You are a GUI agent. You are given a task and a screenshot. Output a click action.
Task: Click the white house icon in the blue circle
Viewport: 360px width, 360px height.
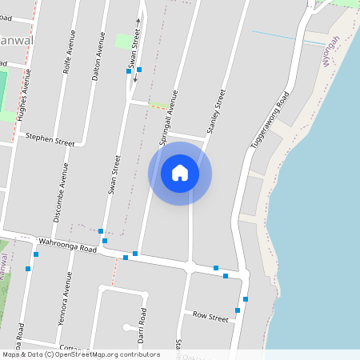pos(180,173)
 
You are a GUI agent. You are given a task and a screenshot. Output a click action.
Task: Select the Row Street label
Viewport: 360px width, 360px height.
pos(210,316)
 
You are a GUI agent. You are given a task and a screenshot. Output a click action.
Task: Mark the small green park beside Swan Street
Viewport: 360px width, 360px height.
pos(123,40)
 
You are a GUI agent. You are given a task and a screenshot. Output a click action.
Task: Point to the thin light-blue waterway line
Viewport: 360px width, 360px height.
pos(288,37)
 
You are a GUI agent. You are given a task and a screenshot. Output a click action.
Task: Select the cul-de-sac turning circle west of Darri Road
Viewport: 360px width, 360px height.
pos(128,326)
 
